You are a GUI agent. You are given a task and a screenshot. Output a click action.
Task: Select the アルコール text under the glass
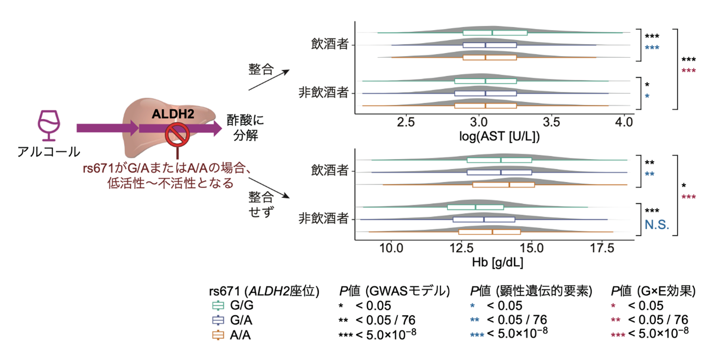49,152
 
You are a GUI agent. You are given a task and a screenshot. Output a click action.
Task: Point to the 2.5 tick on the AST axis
406,123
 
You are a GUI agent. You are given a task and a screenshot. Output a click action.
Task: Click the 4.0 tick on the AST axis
623,123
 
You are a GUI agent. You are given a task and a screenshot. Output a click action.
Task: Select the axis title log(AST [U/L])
495,136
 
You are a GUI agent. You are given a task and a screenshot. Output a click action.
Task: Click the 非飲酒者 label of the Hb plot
323,218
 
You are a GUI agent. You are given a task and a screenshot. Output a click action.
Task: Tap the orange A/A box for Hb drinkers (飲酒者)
503,184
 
